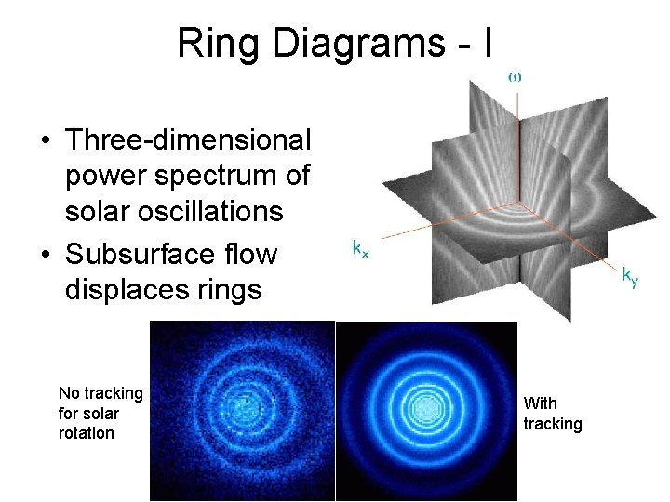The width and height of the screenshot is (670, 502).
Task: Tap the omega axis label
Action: pos(514,77)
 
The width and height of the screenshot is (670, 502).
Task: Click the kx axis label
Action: pos(359,248)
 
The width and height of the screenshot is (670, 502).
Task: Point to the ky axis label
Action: pos(630,276)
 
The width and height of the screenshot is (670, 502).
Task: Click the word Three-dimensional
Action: pos(189,140)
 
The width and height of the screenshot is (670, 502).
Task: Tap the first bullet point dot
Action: pos(45,141)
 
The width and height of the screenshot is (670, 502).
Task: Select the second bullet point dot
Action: pos(45,254)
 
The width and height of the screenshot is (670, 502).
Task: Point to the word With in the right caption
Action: pos(541,403)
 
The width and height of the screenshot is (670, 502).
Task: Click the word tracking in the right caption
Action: pos(553,424)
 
